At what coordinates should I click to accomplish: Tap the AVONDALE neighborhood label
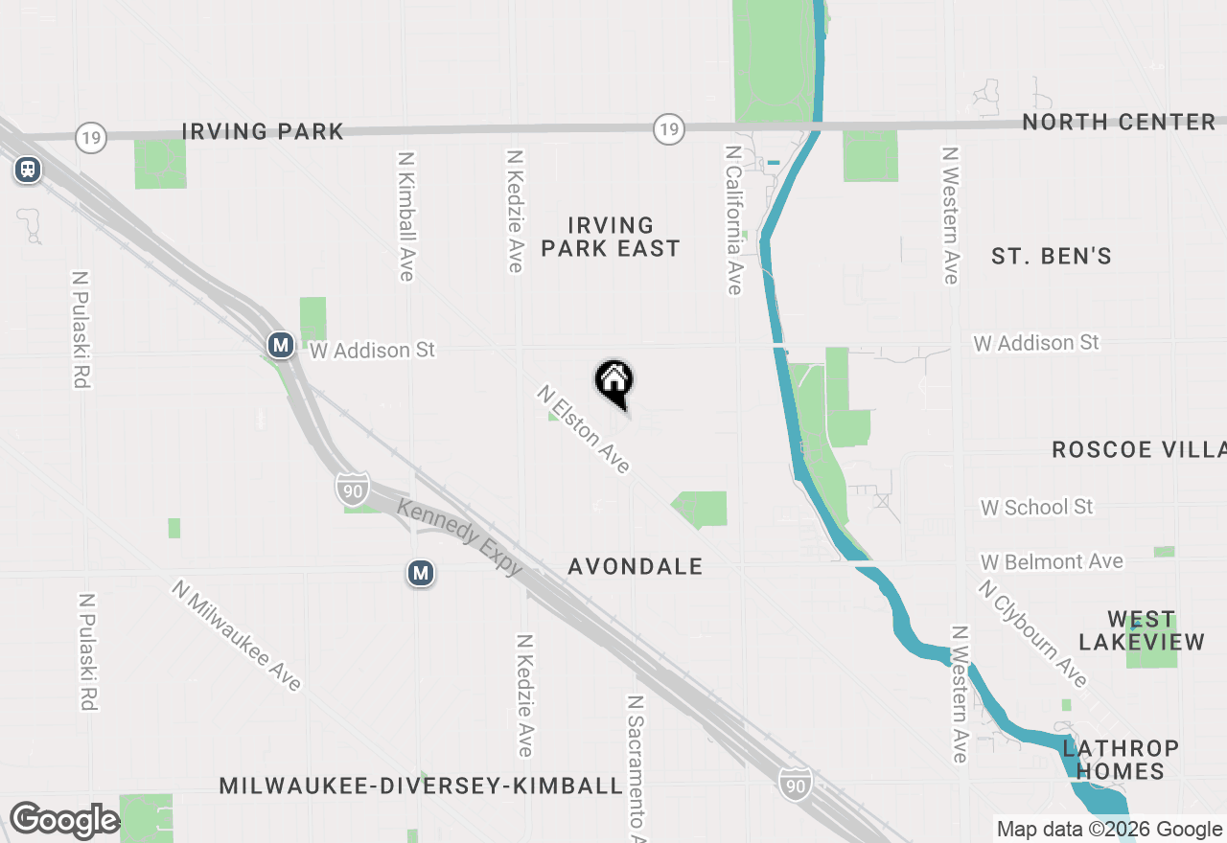pos(636,566)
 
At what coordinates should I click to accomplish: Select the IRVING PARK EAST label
pos(611,237)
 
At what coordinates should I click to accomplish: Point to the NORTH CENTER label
pos(1119,122)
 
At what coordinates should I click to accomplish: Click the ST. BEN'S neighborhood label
pos(1052,256)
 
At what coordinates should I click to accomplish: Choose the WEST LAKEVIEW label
pos(1142,630)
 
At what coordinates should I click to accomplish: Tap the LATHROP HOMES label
pos(1121,759)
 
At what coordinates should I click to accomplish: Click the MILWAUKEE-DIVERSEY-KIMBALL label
pos(421,786)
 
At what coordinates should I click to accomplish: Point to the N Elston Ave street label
pos(584,429)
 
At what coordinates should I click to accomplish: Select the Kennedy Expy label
pos(460,537)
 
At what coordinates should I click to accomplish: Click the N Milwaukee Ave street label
pos(237,634)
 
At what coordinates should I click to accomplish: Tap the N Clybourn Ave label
pos(1033,632)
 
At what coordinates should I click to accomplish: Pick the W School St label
pos(1036,507)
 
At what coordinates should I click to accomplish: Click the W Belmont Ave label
pos(1052,561)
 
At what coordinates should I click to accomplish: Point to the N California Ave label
pos(733,220)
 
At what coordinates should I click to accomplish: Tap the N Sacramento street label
pos(635,766)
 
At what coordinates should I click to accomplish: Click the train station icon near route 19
pos(28,171)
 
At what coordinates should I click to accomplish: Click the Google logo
pos(63,820)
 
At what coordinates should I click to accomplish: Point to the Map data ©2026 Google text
pos(1109,830)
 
